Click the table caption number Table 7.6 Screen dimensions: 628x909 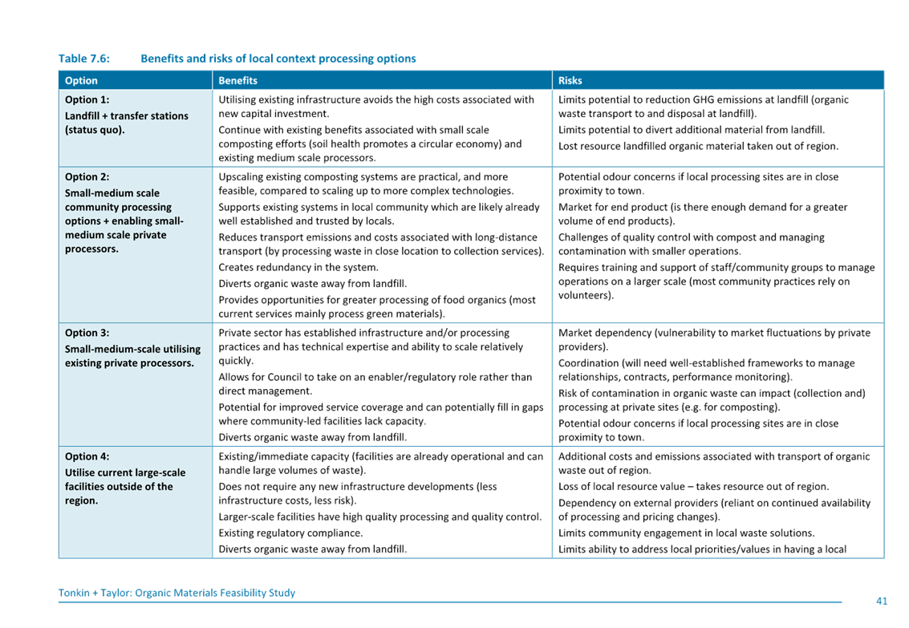[83, 59]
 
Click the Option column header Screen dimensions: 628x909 [81, 80]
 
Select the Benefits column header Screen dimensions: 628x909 [237, 80]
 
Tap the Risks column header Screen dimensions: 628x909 [570, 80]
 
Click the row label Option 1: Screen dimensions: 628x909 [87, 100]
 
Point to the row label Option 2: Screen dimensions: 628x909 [87, 177]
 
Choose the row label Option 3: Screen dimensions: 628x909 [87, 333]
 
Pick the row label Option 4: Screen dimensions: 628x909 [87, 456]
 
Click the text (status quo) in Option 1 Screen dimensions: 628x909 [95, 130]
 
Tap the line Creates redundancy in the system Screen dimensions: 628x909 [298, 268]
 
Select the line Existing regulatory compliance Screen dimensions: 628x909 [290, 533]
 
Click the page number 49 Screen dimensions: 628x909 [882, 600]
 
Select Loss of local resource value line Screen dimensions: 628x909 [693, 487]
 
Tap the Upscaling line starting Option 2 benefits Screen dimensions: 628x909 [363, 176]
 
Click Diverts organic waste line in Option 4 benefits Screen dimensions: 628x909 [312, 549]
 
